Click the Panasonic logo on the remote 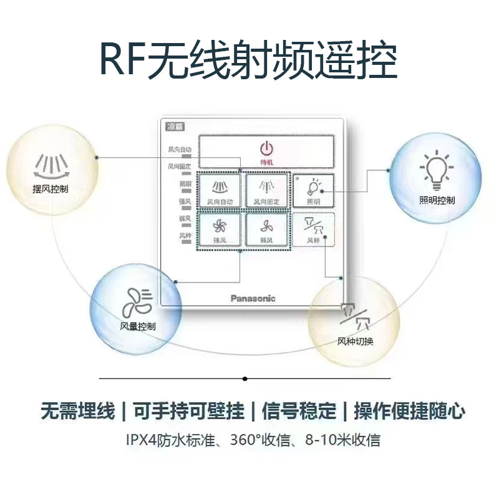tap(253, 298)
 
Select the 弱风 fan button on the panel tap(267, 230)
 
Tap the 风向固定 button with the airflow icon tap(267, 190)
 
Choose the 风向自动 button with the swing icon tap(220, 190)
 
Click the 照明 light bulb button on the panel tap(314, 190)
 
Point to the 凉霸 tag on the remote tap(173, 126)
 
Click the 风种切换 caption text tap(356, 341)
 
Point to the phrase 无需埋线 tap(77, 412)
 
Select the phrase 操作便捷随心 tap(410, 412)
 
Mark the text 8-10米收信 tap(342, 440)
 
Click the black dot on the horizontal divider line tap(245, 379)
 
